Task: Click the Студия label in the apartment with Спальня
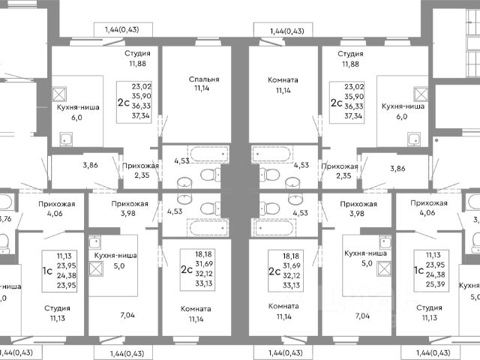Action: [137, 54]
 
